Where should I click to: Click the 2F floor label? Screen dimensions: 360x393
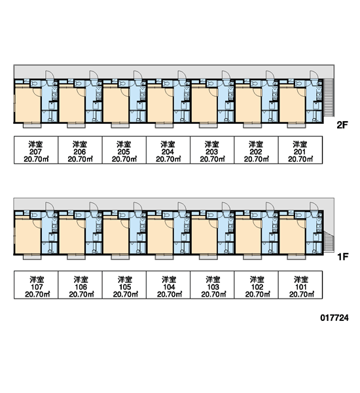(x=342, y=125)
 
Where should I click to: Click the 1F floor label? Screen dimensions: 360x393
(x=343, y=257)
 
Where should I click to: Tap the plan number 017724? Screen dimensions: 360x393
(x=334, y=318)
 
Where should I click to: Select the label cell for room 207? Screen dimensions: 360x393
(x=36, y=150)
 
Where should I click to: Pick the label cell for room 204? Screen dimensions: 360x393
(x=168, y=150)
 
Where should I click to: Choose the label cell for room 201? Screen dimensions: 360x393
(x=300, y=150)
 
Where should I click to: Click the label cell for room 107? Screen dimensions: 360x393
(x=36, y=285)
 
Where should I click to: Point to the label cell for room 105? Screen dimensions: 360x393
(x=124, y=285)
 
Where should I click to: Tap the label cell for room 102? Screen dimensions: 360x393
(x=257, y=285)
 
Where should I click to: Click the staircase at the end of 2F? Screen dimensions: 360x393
(x=329, y=98)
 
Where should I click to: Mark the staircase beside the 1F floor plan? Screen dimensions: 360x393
(x=329, y=241)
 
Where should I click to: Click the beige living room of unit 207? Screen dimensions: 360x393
(x=27, y=104)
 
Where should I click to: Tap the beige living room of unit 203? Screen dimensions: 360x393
(x=204, y=104)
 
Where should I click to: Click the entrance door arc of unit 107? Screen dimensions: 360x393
(x=50, y=206)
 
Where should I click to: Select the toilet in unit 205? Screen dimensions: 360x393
(x=122, y=83)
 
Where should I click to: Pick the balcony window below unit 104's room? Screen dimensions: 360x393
(x=164, y=257)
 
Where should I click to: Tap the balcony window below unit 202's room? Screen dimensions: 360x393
(x=252, y=125)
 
